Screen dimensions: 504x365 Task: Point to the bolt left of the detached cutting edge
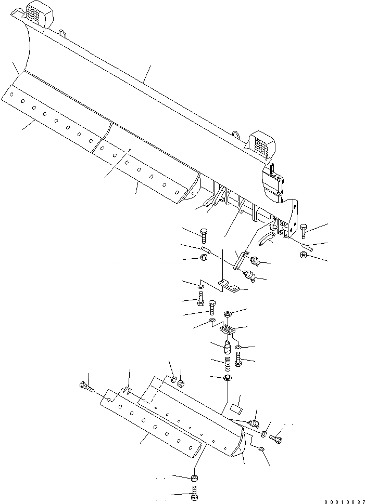point(85,386)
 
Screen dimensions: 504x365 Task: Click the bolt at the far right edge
point(304,230)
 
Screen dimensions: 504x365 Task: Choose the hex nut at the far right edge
point(304,255)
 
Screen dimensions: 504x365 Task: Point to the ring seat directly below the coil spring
point(227,377)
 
